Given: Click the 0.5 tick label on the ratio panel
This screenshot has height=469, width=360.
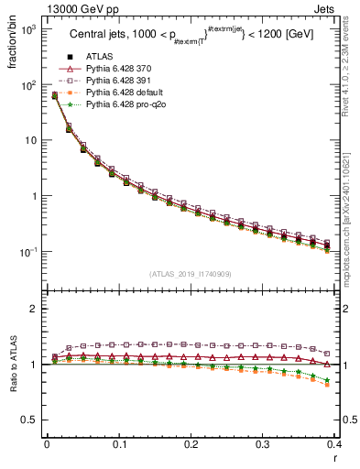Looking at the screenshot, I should coord(31,420).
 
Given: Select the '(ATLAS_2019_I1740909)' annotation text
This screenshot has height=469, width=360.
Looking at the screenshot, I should coord(190,274).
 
